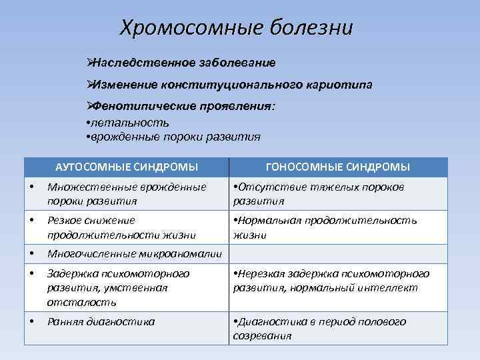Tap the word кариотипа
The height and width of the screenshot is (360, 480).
click(x=341, y=85)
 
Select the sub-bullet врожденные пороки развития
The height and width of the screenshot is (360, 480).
click(x=173, y=137)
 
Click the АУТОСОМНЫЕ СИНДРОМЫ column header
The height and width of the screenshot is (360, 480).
click(x=126, y=167)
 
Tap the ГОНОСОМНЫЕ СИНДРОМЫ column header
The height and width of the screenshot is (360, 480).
click(x=337, y=167)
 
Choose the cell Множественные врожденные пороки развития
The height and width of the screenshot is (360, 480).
click(x=127, y=194)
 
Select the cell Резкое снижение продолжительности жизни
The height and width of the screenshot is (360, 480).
click(x=121, y=227)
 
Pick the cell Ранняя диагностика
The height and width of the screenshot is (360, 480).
click(x=101, y=321)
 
